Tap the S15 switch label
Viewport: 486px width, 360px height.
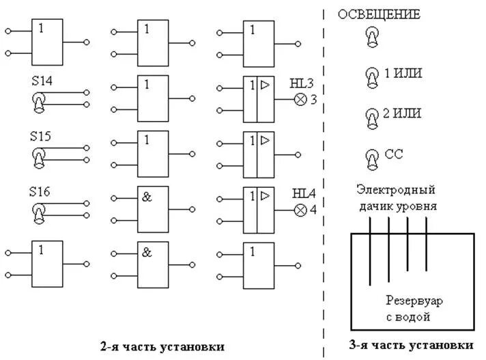(x=40, y=136)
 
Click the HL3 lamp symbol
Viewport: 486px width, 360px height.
(x=299, y=100)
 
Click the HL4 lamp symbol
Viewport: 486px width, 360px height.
(x=299, y=210)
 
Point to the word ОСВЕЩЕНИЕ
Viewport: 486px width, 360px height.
(x=380, y=14)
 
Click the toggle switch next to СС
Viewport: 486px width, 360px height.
(x=372, y=158)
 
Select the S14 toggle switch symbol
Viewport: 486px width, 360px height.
(x=40, y=102)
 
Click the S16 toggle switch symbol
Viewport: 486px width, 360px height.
(x=40, y=212)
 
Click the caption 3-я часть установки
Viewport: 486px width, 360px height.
(x=411, y=344)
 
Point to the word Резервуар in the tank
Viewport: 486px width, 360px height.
(x=412, y=300)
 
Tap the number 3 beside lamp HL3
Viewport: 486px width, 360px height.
(x=313, y=100)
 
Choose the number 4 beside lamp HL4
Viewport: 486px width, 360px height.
(x=313, y=210)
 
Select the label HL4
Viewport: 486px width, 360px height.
(x=303, y=194)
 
